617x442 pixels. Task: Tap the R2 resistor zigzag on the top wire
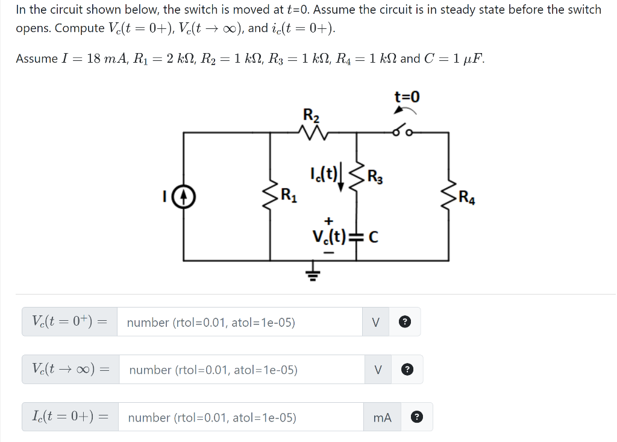tap(314, 133)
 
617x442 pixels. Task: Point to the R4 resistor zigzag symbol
tap(448, 197)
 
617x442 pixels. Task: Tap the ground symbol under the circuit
tap(313, 275)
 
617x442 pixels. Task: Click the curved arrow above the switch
tap(404, 110)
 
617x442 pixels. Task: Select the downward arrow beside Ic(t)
tap(342, 178)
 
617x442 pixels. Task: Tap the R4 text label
tap(467, 197)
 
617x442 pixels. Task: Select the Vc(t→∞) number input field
tap(242, 370)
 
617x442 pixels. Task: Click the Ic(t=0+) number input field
tap(240, 417)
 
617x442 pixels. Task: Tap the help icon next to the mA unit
tap(417, 417)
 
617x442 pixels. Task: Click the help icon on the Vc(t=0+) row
tap(406, 322)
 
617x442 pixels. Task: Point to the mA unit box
tap(382, 417)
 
